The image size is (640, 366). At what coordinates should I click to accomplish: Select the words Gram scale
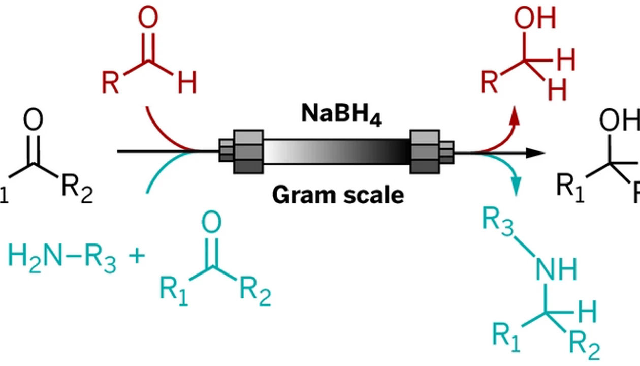tap(338, 195)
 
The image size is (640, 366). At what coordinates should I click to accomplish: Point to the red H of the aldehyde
tap(186, 83)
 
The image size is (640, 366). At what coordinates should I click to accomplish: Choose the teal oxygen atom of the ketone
tap(211, 222)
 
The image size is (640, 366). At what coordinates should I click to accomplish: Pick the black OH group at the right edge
tap(619, 121)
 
